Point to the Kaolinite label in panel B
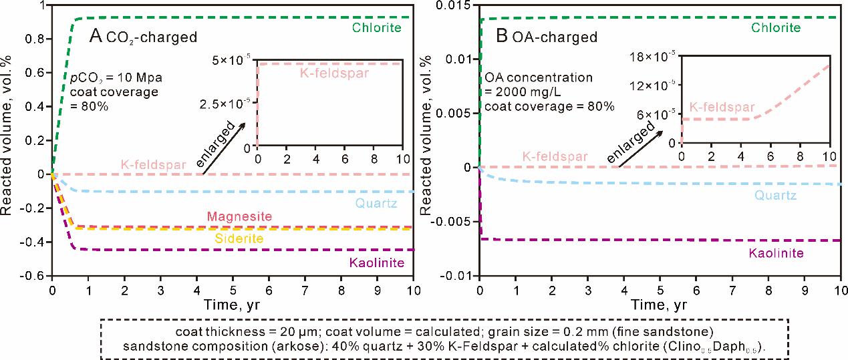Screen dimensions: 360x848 [x=775, y=253]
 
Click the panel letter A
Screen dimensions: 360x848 [x=96, y=36]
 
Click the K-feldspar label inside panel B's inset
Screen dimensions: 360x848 [x=722, y=107]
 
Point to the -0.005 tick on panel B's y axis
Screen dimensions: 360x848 [x=452, y=221]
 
